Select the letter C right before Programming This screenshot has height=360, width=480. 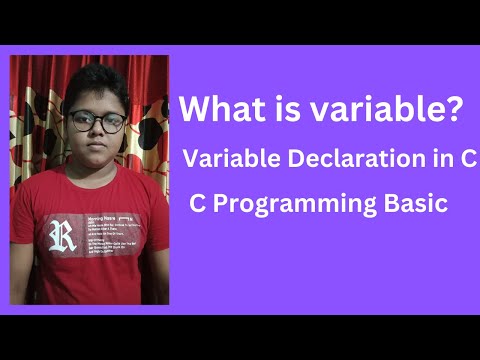point(197,204)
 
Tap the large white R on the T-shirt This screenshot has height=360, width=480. point(62,235)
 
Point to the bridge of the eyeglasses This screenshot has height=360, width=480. point(97,120)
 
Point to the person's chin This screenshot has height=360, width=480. point(97,160)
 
